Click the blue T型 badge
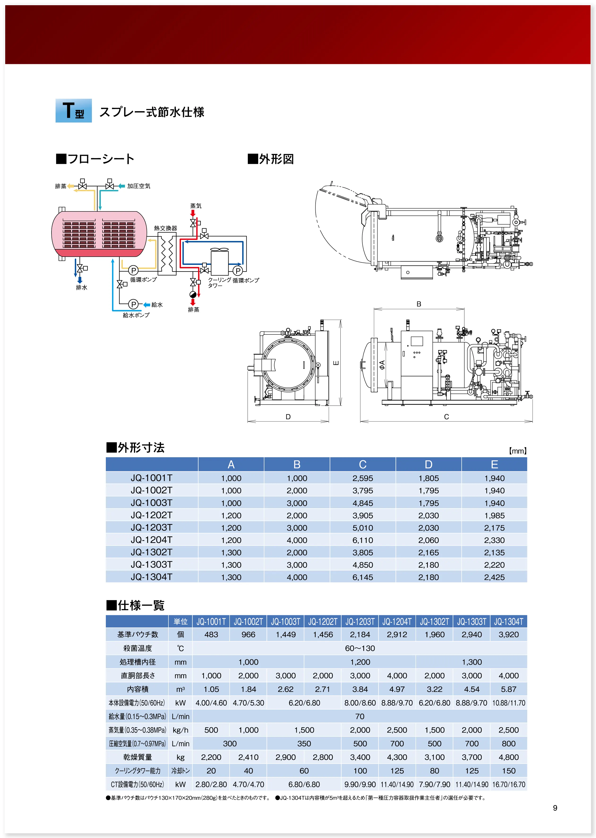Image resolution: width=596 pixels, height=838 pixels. pyautogui.click(x=73, y=110)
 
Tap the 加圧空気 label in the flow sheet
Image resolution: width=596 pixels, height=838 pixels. pyautogui.click(x=139, y=186)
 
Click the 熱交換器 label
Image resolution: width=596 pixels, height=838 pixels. pyautogui.click(x=166, y=228)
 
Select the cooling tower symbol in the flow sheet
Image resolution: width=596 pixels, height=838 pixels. pyautogui.click(x=219, y=261)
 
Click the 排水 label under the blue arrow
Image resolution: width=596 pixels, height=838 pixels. pyautogui.click(x=81, y=288)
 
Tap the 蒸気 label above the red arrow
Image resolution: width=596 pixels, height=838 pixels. pyautogui.click(x=196, y=206)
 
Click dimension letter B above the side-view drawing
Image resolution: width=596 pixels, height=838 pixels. pyautogui.click(x=419, y=304)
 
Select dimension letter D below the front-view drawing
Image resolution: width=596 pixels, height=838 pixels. pyautogui.click(x=288, y=417)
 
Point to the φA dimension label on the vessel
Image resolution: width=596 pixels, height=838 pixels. pyautogui.click(x=382, y=364)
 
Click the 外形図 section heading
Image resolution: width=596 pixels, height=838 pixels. pyautogui.click(x=271, y=159)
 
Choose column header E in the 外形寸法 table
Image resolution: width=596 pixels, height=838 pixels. pyautogui.click(x=494, y=464)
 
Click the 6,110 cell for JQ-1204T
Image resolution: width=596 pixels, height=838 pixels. pyautogui.click(x=363, y=540)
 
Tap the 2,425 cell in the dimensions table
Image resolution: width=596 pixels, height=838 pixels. pyautogui.click(x=494, y=577)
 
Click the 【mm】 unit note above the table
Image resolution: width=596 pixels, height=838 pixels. pyautogui.click(x=518, y=451)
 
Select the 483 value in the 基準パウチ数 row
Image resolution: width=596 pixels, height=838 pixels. pyautogui.click(x=211, y=635)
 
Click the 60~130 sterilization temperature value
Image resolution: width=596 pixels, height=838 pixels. pyautogui.click(x=360, y=648)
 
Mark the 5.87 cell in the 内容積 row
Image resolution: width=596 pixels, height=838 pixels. pyautogui.click(x=509, y=689)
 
